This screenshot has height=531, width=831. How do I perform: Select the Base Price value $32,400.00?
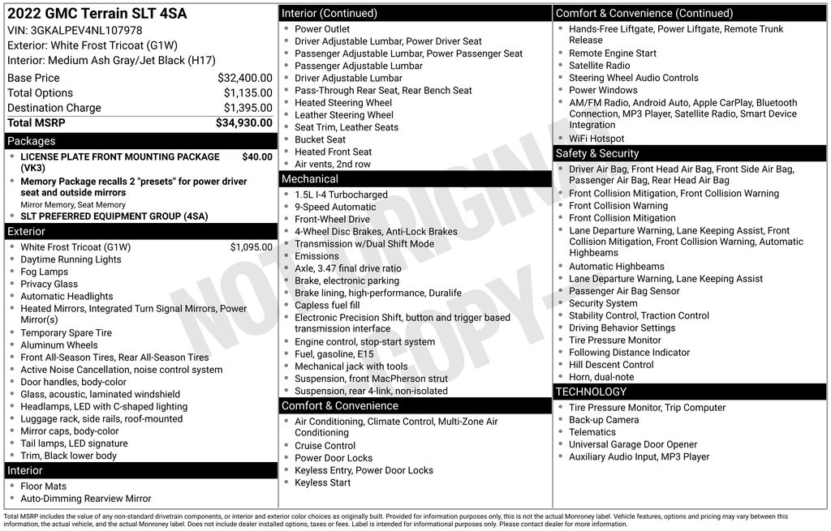click(x=244, y=78)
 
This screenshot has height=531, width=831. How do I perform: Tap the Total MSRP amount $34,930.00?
click(x=243, y=122)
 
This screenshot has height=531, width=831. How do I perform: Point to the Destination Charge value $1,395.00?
click(x=248, y=108)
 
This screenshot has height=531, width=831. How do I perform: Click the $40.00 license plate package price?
click(x=257, y=156)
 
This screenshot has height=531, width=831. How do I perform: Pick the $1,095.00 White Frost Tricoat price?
click(x=251, y=247)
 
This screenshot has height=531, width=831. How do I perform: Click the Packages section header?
click(x=32, y=141)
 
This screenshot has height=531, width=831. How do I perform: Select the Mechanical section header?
click(x=309, y=178)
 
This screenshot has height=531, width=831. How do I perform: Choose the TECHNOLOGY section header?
click(x=591, y=392)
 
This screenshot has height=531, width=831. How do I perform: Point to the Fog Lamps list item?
click(x=44, y=272)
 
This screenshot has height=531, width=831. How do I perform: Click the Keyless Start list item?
click(x=322, y=482)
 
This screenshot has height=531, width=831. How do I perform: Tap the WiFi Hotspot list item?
click(x=596, y=139)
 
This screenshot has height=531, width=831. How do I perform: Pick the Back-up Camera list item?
click(x=603, y=420)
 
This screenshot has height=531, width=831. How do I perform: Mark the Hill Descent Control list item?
click(x=611, y=365)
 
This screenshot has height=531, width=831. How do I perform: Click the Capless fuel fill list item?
click(x=327, y=305)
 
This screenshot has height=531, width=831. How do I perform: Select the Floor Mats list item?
click(x=43, y=486)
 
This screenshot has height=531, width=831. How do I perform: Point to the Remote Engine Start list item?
click(x=612, y=54)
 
